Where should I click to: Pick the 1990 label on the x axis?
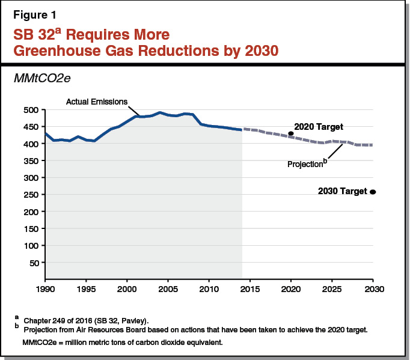pyautogui.click(x=45, y=289)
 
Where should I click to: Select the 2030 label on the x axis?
pyautogui.click(x=373, y=289)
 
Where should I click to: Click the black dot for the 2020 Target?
pyautogui.click(x=291, y=134)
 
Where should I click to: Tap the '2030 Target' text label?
pyautogui.click(x=342, y=192)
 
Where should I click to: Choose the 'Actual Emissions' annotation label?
pyautogui.click(x=96, y=102)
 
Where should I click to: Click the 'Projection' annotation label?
pyautogui.click(x=304, y=164)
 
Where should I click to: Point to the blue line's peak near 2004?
pyautogui.click(x=160, y=112)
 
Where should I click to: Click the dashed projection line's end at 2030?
pyautogui.click(x=372, y=145)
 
